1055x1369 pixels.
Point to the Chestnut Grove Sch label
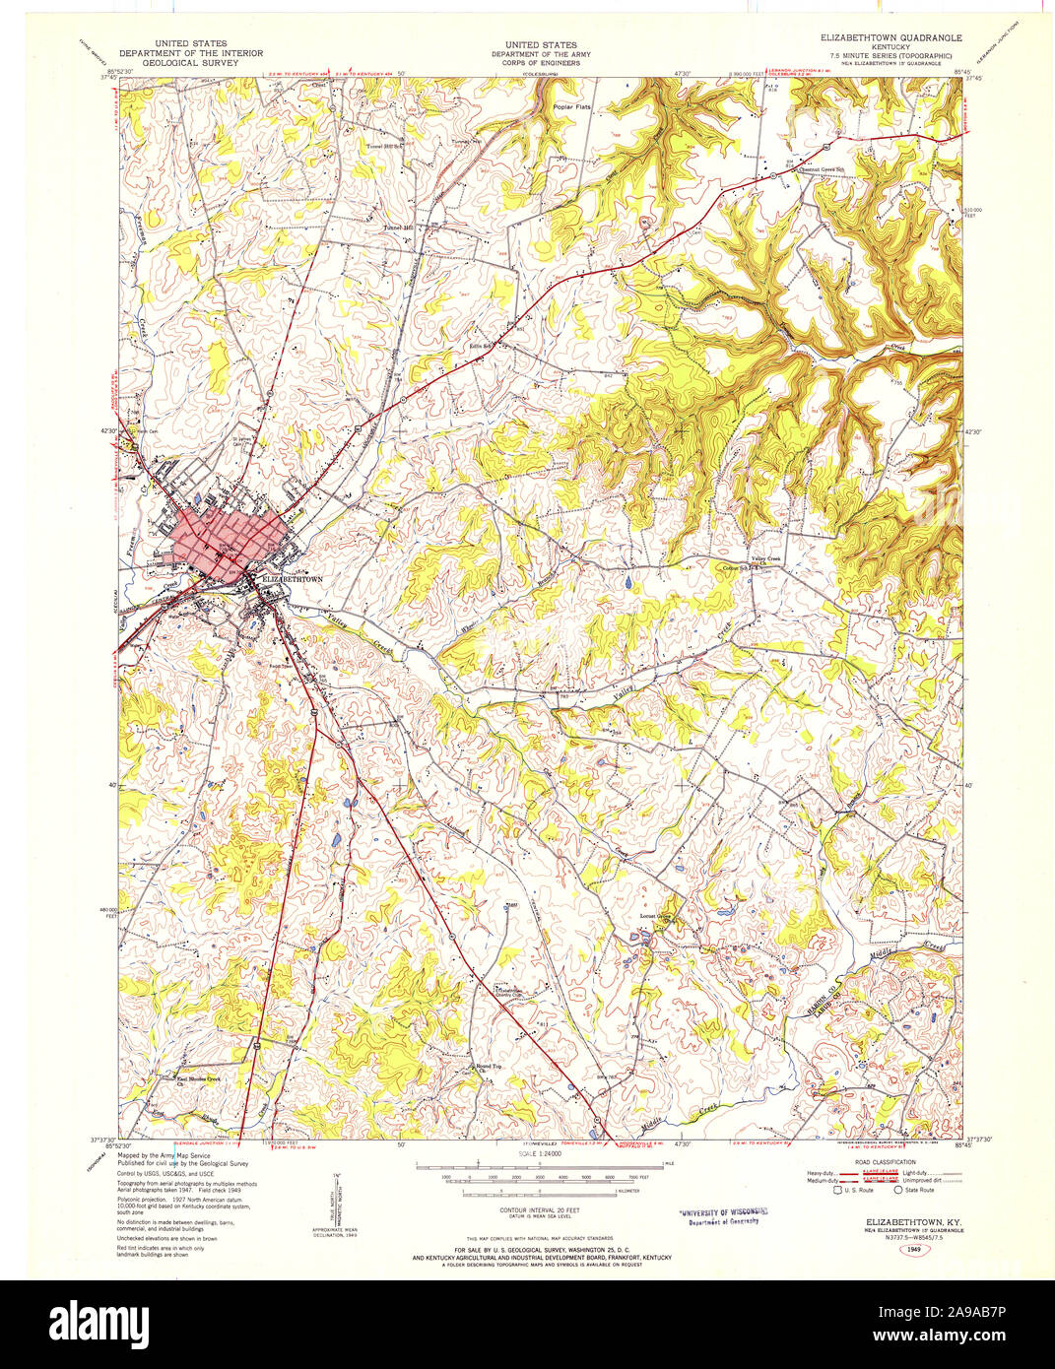click(822, 169)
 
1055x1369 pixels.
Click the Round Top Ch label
click(490, 1069)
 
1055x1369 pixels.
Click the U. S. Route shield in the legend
click(838, 1190)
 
